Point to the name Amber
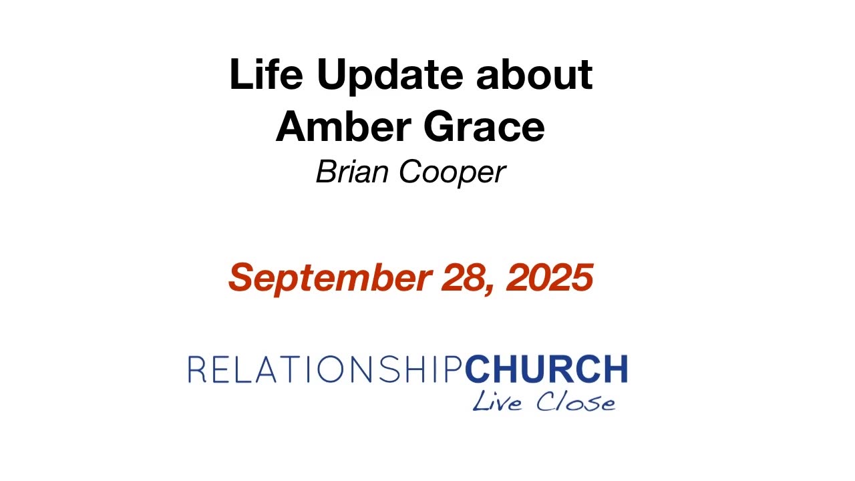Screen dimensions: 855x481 [343, 126]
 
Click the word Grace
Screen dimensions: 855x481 [484, 126]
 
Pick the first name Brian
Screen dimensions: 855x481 [352, 172]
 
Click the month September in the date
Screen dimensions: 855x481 [331, 279]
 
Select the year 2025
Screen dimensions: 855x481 [550, 277]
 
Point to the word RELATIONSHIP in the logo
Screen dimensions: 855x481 [326, 369]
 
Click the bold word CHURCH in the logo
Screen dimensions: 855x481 [546, 369]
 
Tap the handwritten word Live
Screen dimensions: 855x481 [497, 401]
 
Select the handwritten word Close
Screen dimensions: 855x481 [576, 402]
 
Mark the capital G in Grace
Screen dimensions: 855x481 [439, 126]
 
